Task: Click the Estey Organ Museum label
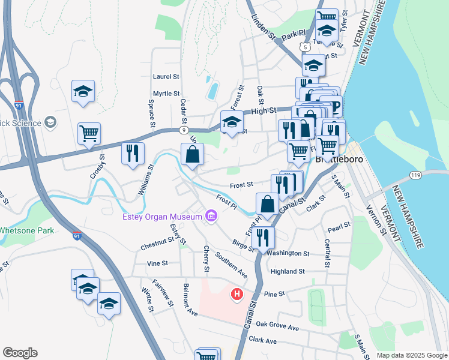[161, 217]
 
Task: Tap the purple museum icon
[211, 216]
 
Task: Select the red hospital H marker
[237, 295]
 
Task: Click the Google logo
[20, 353]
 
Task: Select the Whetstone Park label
[26, 230]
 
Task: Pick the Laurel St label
[166, 77]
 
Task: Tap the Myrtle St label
[166, 94]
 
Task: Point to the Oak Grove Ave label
[277, 328]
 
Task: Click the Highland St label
[288, 271]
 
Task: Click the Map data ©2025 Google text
[411, 355]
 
